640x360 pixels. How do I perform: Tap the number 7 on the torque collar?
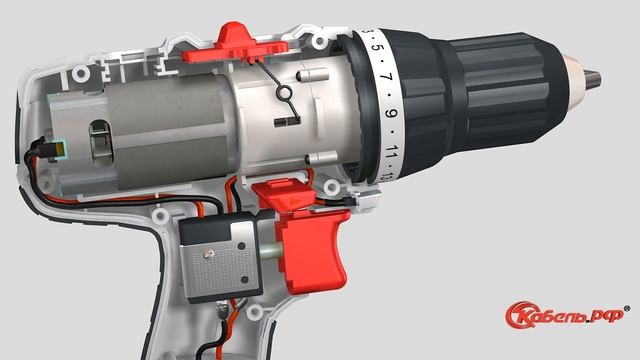(389, 77)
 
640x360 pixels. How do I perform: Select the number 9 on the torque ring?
(391, 112)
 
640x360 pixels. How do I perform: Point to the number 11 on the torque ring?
(391, 151)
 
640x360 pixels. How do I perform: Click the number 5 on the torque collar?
(380, 48)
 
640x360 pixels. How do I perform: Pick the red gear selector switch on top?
(234, 44)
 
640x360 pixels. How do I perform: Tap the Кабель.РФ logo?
(565, 315)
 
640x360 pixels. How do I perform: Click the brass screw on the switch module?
(210, 254)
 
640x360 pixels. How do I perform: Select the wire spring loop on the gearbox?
(283, 93)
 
